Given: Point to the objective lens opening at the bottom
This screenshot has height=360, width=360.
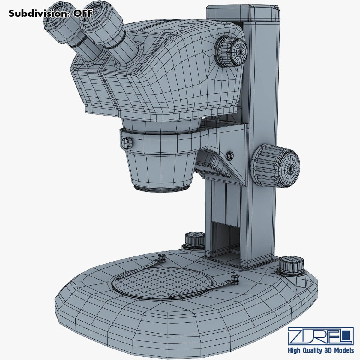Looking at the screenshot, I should pos(162,188).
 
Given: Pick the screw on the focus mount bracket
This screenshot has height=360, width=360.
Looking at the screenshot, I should pos(230,155).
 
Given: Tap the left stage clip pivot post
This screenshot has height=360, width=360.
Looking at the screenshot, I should pos(162,257).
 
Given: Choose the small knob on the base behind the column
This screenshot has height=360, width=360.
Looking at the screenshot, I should pos(193,239).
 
